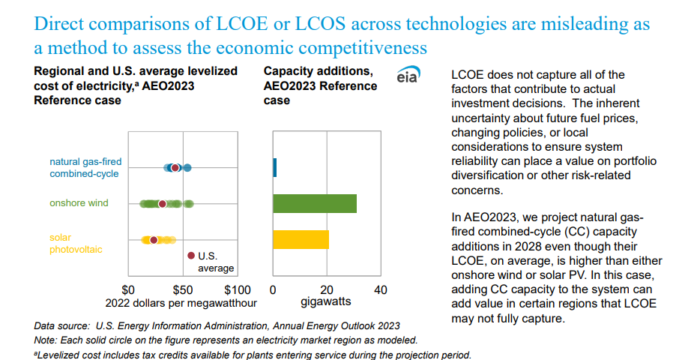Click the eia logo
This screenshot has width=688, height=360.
408,76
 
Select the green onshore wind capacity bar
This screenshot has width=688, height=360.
315,203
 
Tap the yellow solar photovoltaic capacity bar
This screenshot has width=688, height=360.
301,239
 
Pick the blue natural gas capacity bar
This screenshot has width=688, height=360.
275,167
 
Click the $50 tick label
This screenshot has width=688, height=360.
184,289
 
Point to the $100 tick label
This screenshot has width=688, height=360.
237,289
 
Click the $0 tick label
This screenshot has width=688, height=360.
129,289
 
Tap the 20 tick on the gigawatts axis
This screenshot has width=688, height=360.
327,289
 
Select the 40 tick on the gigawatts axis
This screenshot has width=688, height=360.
381,289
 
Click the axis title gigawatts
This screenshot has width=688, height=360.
326,303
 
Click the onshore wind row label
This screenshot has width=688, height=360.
79,203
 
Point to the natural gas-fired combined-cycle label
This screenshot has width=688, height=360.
85,167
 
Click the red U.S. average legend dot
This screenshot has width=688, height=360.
191,256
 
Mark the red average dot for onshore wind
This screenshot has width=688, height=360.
162,203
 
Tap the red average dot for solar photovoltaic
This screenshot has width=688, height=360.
154,240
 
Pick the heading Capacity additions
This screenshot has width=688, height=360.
319,71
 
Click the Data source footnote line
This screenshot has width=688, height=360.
217,325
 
